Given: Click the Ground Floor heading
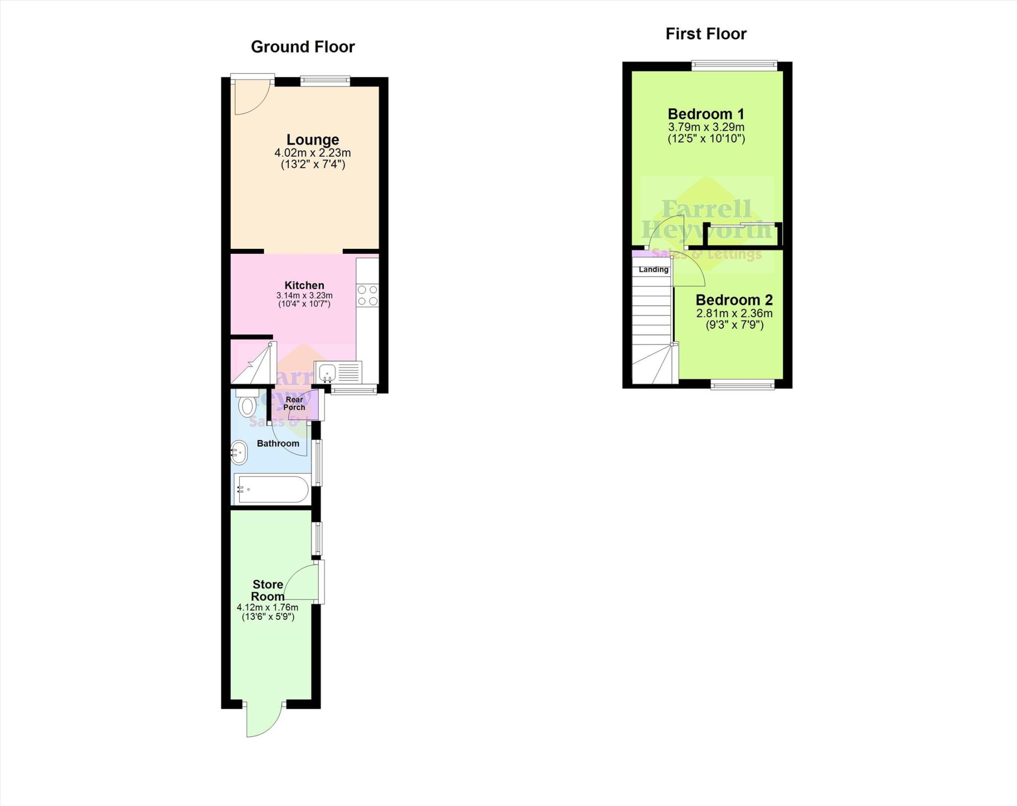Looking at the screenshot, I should coord(302,47).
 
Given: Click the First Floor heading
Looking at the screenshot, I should coord(706,34).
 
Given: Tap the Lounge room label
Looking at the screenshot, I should coord(312,140).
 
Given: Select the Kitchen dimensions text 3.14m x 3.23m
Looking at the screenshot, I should coord(304,295).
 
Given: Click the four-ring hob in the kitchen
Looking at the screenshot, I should coord(367,295).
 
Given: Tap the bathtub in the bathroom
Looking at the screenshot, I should coord(272,490).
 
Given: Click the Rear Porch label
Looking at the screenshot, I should coord(294,403).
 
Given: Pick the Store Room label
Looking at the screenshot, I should coord(268,590).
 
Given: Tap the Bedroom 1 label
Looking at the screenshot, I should coord(706,114).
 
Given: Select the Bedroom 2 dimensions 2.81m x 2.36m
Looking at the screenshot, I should coord(734,313).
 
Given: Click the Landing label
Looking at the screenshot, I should coord(653,270).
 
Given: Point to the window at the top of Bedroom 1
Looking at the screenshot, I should coord(734,65).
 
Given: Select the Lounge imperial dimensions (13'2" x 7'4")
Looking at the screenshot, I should coord(312,164).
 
